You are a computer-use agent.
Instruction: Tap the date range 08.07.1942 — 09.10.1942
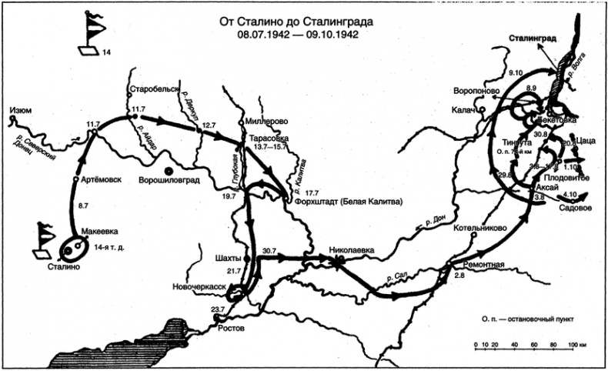click(x=299, y=35)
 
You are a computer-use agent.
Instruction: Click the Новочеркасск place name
click(x=199, y=287)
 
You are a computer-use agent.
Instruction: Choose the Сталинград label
click(x=536, y=37)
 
